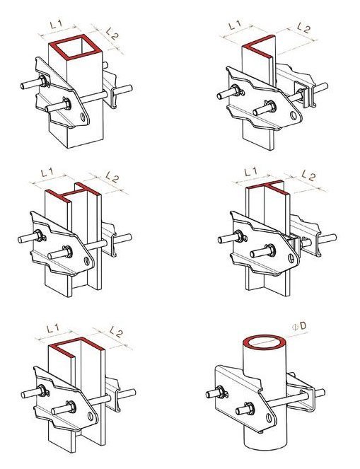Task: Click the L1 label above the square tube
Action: point(57,25)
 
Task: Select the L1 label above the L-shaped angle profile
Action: point(236,25)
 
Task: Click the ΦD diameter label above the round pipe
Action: point(300,326)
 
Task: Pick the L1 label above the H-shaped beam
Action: point(47,173)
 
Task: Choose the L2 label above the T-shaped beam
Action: point(308,175)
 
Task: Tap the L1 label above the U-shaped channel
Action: point(54,328)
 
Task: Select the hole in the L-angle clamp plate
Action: point(294,116)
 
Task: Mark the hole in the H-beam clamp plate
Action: point(87,261)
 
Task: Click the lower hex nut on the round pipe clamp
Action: point(249,408)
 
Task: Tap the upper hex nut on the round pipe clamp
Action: point(221,392)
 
